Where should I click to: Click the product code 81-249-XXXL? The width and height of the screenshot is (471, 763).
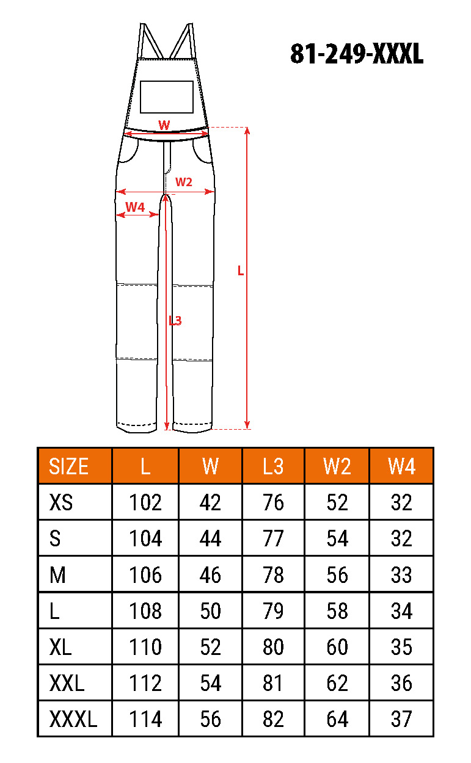[357, 54]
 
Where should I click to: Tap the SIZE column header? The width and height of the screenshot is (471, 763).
[69, 466]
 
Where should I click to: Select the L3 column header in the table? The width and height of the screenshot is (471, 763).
[273, 466]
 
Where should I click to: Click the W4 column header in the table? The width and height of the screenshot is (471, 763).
[401, 466]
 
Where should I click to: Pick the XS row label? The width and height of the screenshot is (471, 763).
[61, 502]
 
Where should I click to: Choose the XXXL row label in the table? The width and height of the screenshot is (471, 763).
[73, 719]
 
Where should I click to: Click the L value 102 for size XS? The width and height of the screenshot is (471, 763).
[145, 502]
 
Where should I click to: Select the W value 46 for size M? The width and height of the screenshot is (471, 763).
[210, 575]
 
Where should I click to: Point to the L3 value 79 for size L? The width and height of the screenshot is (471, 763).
[273, 611]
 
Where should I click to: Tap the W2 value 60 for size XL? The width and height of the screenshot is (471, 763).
[337, 647]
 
